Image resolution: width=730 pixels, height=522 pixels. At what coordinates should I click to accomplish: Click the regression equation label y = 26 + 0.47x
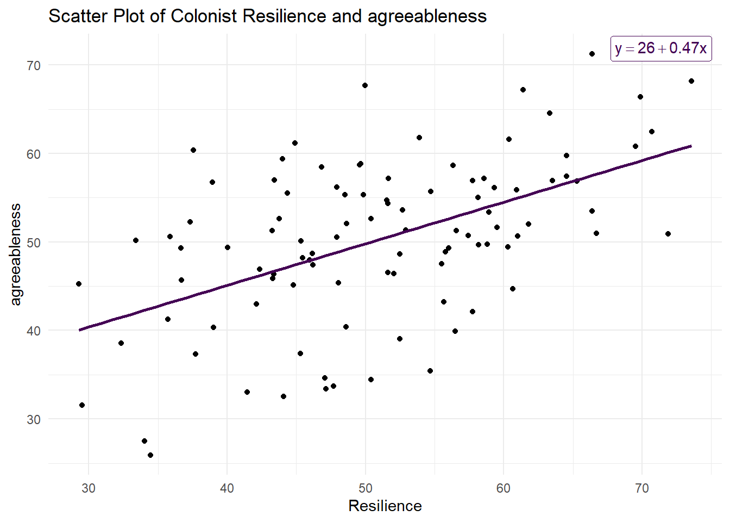click(x=660, y=48)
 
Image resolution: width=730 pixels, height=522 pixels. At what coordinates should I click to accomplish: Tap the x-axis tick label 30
click(x=89, y=488)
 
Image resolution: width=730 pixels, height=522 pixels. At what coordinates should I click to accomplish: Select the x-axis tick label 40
click(x=227, y=488)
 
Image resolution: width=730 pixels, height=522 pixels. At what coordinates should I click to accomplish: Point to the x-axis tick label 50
click(x=366, y=488)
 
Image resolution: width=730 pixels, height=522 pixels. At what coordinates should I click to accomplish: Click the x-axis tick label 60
click(x=504, y=488)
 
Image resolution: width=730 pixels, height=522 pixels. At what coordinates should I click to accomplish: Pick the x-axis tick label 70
click(x=642, y=488)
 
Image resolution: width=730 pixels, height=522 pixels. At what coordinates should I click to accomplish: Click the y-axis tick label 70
click(x=34, y=66)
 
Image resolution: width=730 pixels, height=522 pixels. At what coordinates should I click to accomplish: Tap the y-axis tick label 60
click(x=34, y=154)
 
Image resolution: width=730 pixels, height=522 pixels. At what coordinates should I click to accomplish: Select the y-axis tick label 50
click(x=34, y=243)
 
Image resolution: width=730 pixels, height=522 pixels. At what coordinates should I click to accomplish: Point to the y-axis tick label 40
click(x=34, y=331)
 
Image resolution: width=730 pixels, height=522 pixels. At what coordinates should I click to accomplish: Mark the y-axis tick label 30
click(x=34, y=419)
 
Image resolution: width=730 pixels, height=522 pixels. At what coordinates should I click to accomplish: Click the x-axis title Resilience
click(x=385, y=506)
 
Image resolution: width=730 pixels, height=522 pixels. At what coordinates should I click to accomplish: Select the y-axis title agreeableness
click(x=16, y=254)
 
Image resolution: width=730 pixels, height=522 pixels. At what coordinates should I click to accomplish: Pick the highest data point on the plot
click(x=592, y=54)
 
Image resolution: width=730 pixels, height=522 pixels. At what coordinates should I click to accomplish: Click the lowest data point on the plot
click(x=150, y=455)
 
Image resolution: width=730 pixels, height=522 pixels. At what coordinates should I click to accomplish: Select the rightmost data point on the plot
click(x=691, y=81)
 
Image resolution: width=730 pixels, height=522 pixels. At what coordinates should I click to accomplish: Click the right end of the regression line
click(x=691, y=146)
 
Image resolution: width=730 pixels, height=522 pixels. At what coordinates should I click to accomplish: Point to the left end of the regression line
click(x=79, y=330)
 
